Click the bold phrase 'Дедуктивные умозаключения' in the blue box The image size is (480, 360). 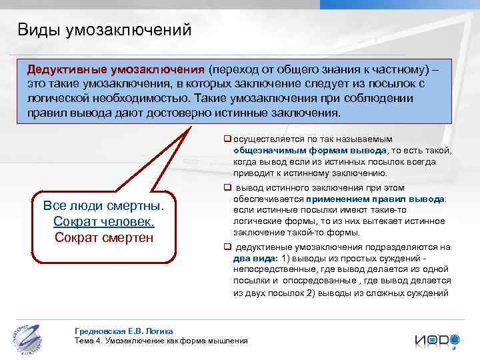[x=115, y=70]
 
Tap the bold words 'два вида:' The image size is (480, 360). [x=255, y=258]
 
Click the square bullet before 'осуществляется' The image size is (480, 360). [x=227, y=139]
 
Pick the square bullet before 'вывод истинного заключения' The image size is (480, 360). [x=227, y=188]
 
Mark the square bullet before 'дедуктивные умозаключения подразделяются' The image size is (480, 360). [x=227, y=247]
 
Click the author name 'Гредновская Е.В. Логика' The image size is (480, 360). [x=125, y=331]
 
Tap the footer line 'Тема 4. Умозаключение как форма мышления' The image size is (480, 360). [x=161, y=341]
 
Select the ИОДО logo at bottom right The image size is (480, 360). [x=437, y=339]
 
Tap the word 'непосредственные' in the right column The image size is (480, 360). [x=275, y=269]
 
